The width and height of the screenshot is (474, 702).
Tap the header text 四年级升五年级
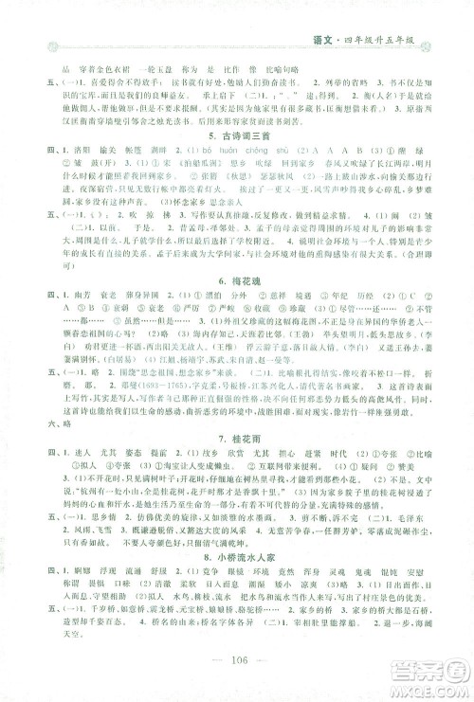[x=407, y=39]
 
